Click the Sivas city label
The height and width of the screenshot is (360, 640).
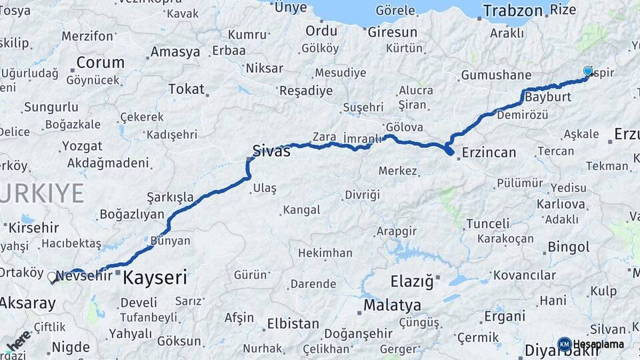271,151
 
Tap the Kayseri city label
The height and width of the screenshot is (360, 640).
155,277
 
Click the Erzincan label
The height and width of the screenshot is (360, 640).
489,153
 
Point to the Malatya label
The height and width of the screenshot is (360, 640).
392,305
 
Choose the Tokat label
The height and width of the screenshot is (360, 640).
186,89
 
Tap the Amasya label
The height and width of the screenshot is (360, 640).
175,51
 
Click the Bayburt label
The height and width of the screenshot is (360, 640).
548,97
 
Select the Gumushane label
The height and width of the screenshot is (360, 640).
496,75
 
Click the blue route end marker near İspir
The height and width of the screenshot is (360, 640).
588,71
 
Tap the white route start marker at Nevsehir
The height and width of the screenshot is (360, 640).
52,277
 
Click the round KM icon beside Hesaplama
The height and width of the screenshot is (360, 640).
564,344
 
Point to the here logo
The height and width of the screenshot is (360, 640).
19,340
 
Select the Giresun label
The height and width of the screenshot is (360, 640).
393,32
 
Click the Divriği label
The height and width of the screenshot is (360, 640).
362,195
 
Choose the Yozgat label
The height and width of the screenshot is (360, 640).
82,146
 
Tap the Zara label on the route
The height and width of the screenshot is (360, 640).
324,137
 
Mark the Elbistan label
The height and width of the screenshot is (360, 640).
293,323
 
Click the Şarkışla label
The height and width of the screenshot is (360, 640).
170,197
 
